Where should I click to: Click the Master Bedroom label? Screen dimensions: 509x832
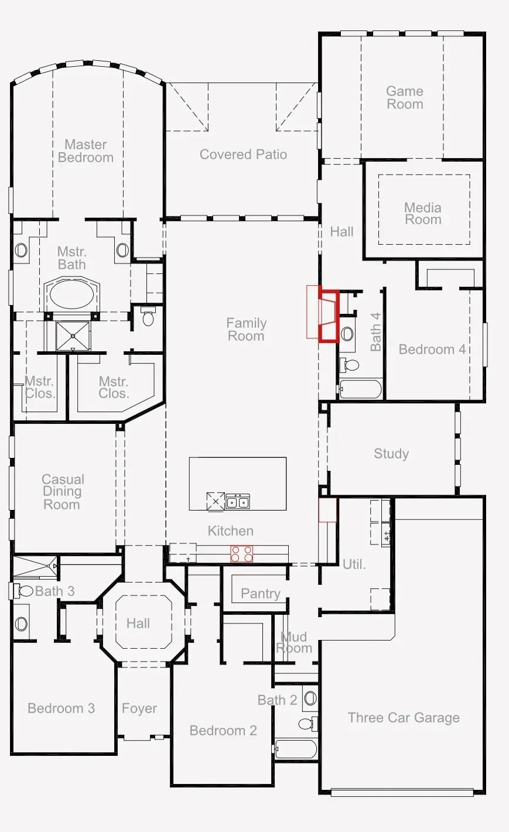point(86,151)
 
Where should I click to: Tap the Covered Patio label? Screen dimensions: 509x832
point(243,155)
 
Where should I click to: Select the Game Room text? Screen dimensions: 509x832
point(405,97)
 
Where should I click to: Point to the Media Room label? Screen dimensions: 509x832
point(423,214)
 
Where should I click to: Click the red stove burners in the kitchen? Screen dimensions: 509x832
point(241,553)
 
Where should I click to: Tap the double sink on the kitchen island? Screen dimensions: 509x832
point(238,501)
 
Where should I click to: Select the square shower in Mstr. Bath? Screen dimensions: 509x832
point(73,336)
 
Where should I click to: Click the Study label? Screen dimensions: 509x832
point(391,454)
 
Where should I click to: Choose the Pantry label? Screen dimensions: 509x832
point(261,594)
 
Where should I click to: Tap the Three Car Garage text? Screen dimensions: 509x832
point(404,718)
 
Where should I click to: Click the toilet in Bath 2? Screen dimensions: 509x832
point(308,724)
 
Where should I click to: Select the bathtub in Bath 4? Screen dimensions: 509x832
point(360,389)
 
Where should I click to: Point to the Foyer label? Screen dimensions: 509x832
point(139,708)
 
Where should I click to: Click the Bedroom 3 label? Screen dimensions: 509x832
point(62,708)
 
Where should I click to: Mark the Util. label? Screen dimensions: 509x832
point(354,564)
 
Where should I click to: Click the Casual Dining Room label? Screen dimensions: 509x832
point(63,492)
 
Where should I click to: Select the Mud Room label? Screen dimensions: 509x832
point(294,642)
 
